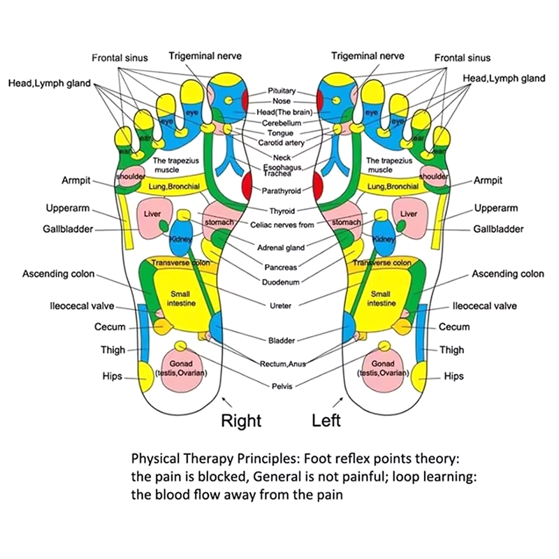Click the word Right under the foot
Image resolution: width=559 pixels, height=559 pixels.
click(241, 421)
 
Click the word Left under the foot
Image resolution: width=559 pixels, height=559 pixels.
click(326, 421)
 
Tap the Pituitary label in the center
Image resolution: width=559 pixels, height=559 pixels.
click(282, 91)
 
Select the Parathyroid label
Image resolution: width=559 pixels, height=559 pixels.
click(282, 191)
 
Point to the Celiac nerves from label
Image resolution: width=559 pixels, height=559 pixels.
click(282, 224)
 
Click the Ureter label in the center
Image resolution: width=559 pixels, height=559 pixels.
click(282, 305)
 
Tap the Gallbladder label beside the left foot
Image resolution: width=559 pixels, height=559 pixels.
click(498, 229)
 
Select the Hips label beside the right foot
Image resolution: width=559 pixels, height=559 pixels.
click(111, 377)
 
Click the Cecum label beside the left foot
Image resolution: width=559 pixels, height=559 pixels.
click(453, 327)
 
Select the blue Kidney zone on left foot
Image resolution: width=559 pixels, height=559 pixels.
click(383, 236)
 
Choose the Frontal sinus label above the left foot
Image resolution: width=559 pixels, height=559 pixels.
click(463, 58)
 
